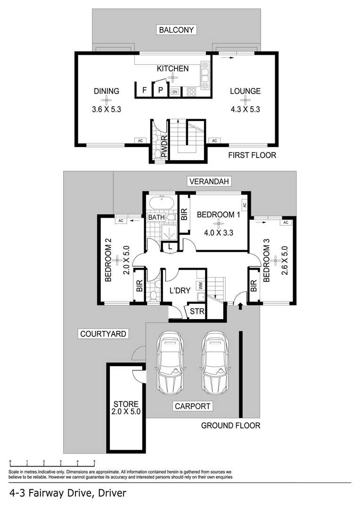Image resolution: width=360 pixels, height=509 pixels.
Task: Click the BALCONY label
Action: (176, 30)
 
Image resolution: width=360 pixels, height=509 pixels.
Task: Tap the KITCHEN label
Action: (172, 68)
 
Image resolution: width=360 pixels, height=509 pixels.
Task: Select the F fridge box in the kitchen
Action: (145, 90)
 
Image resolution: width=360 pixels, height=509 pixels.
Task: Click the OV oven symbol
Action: (175, 92)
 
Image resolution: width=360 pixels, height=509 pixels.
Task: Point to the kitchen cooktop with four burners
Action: (191, 91)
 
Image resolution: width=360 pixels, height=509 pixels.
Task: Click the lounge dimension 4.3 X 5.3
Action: (245, 109)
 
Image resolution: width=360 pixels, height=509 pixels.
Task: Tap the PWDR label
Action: (164, 147)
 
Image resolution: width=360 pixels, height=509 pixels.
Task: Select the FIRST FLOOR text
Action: (252, 155)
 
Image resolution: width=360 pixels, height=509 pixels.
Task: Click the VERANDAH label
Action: (209, 181)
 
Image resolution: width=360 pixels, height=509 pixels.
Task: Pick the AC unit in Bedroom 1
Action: (245, 205)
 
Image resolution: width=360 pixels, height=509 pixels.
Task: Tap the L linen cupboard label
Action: (170, 247)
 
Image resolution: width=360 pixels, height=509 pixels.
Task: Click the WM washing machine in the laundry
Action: (201, 287)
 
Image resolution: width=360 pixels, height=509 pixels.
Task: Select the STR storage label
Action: (197, 312)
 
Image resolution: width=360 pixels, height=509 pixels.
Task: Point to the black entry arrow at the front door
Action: (240, 306)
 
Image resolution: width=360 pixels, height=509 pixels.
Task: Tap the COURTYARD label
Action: (103, 334)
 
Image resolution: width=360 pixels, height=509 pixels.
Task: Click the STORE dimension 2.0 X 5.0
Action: (126, 411)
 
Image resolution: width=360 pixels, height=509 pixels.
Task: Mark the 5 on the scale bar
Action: (94, 461)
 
